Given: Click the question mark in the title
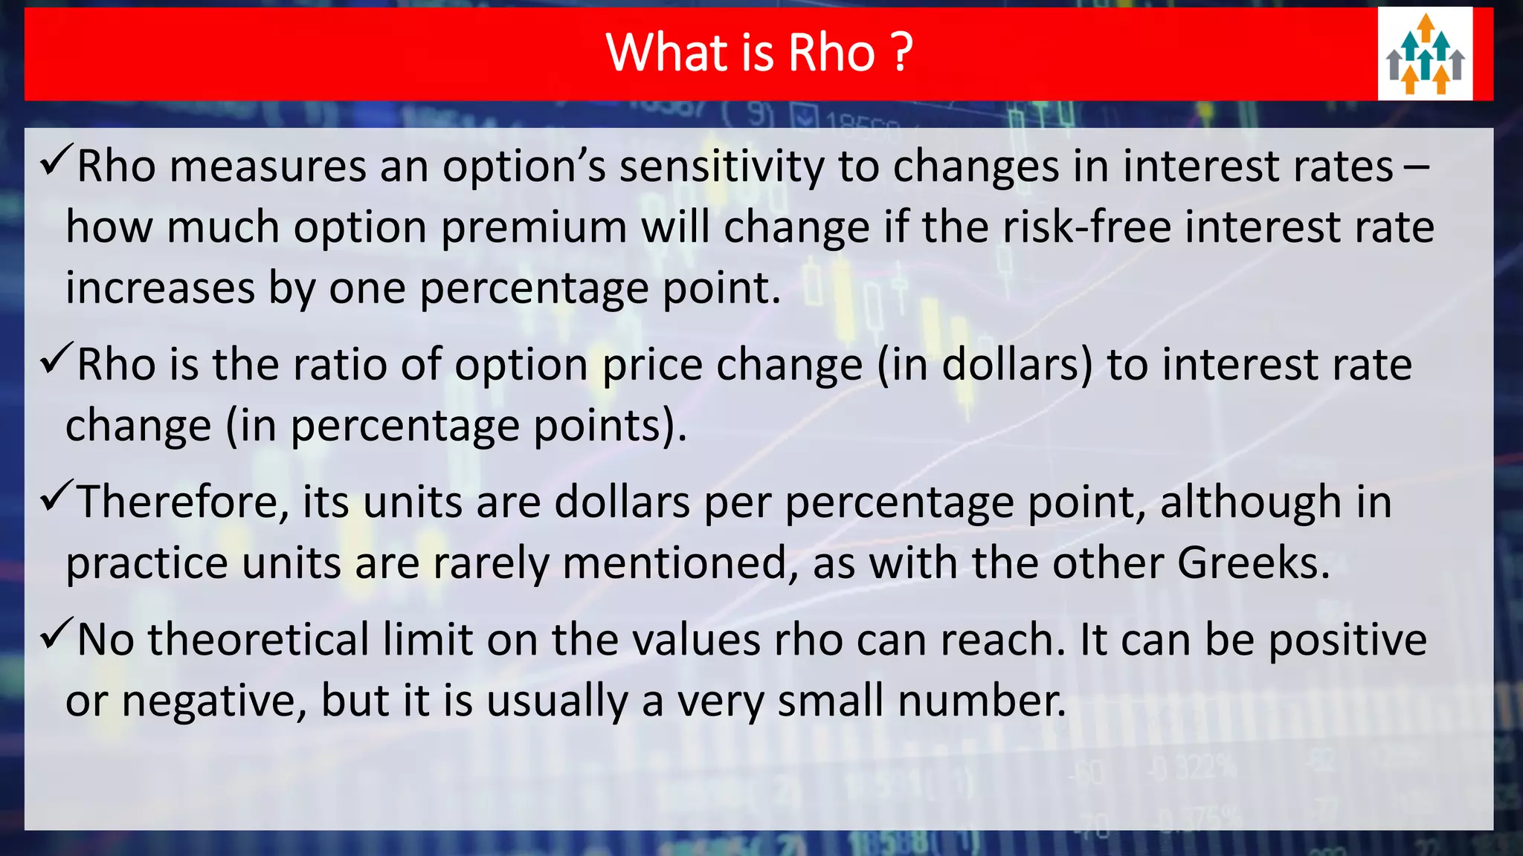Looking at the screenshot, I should pyautogui.click(x=902, y=53).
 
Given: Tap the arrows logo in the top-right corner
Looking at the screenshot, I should pyautogui.click(x=1425, y=54).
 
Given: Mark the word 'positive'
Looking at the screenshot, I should pyautogui.click(x=1347, y=641).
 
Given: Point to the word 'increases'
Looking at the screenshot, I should pyautogui.click(x=160, y=288).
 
